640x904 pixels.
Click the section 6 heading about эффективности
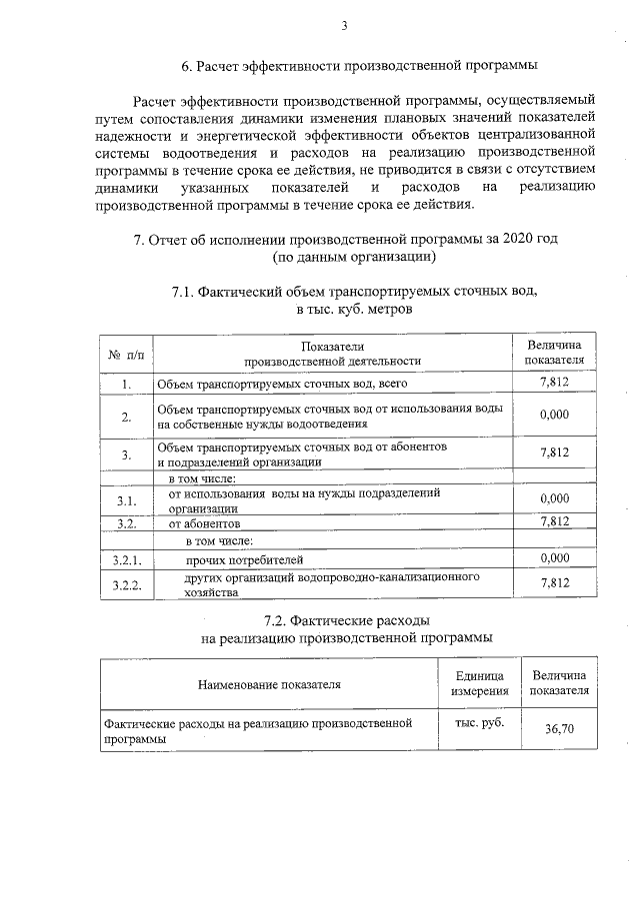(x=359, y=66)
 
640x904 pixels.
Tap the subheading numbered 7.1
(x=354, y=292)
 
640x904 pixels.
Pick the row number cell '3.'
(x=127, y=454)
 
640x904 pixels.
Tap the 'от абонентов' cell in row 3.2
(x=205, y=522)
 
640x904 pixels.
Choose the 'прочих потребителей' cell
(x=244, y=559)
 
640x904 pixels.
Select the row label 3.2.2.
(x=127, y=584)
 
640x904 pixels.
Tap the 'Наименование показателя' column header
(x=269, y=684)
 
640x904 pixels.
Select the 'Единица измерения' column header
(x=480, y=684)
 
